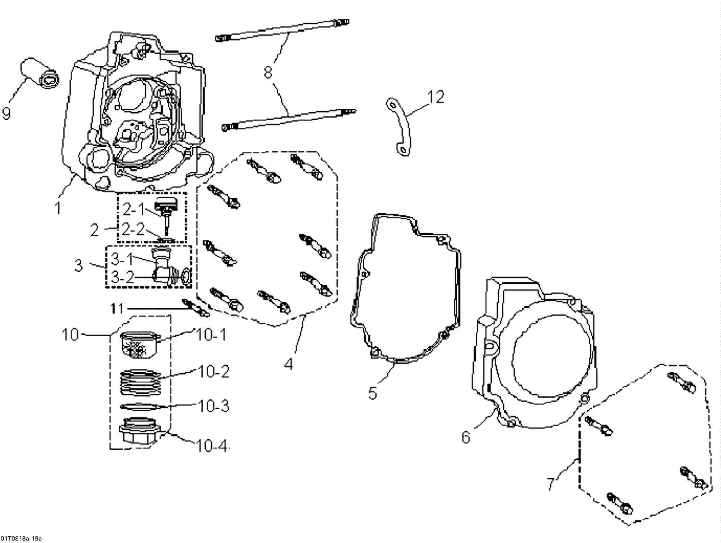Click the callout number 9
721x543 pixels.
tap(6, 114)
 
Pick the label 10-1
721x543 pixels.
tap(211, 334)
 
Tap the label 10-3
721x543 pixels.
tap(213, 406)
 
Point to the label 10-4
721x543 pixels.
tap(211, 445)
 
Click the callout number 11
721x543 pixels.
tap(117, 309)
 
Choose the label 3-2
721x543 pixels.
tap(123, 278)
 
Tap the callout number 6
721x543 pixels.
tap(466, 437)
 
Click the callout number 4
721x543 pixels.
tap(288, 364)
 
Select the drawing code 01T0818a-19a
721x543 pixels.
tap(24, 538)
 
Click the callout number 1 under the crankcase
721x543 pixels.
tap(58, 208)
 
